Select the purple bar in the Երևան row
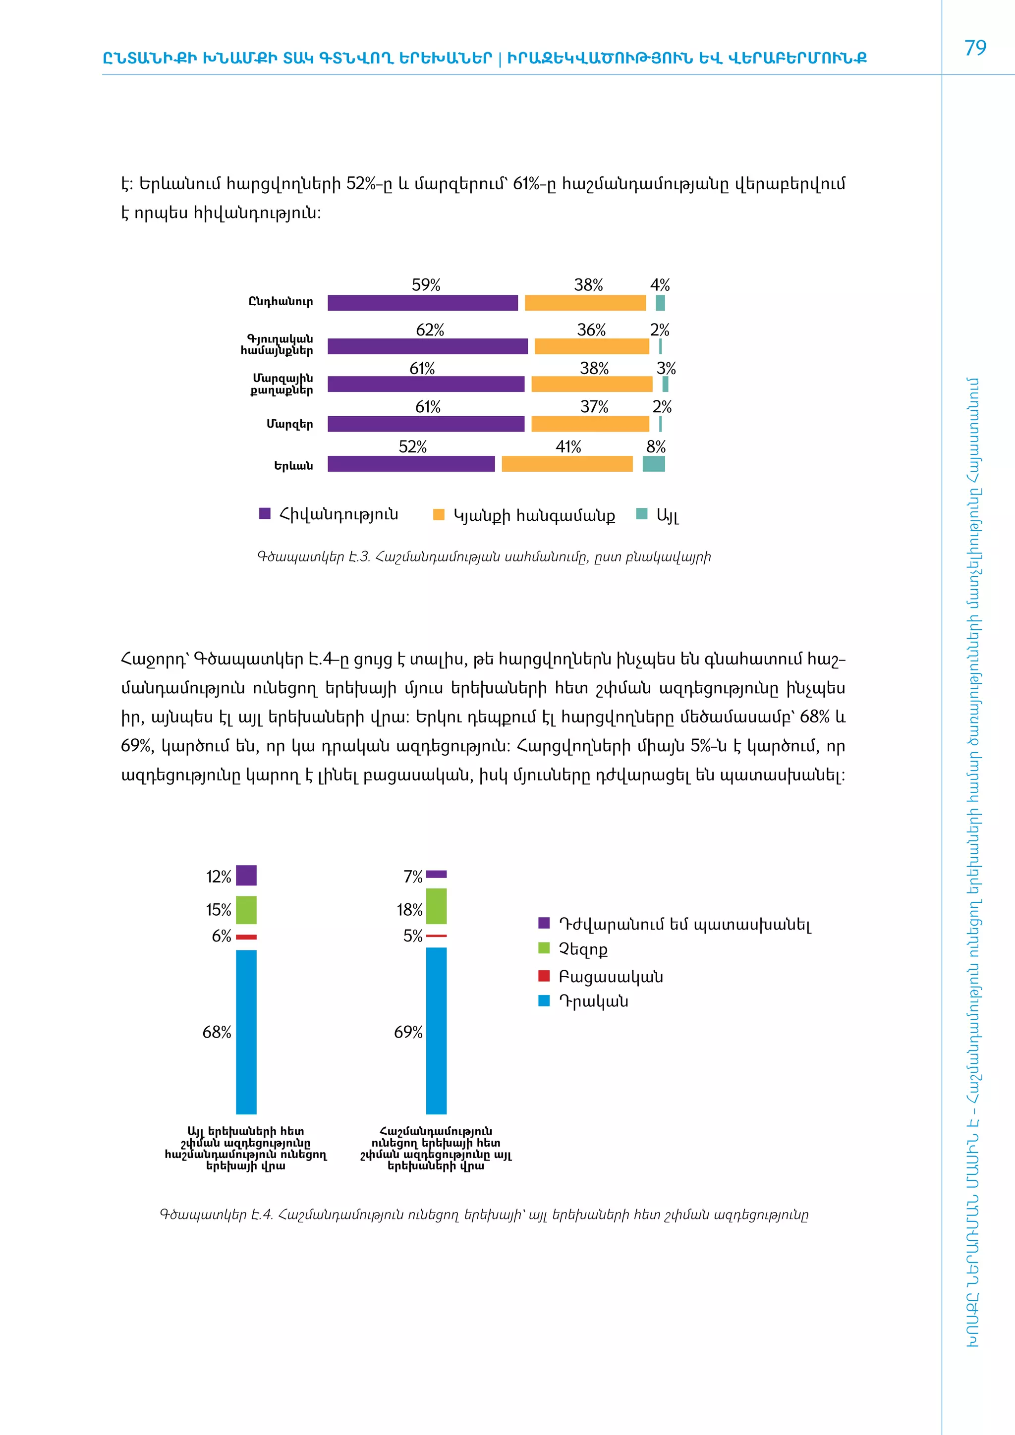click(411, 464)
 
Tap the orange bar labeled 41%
click(567, 464)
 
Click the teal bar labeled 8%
click(653, 464)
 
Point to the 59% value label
click(426, 285)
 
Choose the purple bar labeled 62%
click(428, 346)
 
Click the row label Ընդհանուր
click(281, 302)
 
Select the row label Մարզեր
click(289, 424)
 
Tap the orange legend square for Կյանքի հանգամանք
click(439, 515)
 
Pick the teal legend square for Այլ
click(641, 514)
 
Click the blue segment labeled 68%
click(246, 1032)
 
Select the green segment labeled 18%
click(436, 906)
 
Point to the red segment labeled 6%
click(246, 937)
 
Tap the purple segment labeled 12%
click(246, 875)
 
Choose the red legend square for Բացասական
click(544, 976)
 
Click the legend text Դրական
click(593, 1001)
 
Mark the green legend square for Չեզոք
click(544, 948)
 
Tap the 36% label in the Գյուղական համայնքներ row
click(591, 330)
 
